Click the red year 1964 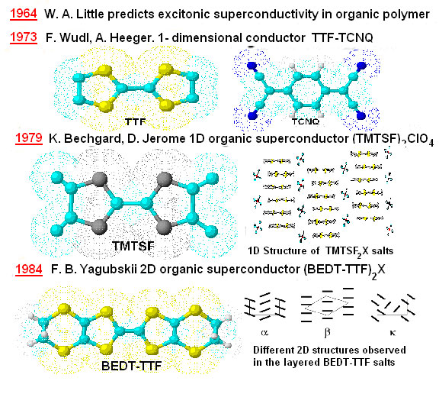(24, 14)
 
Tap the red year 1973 (24, 37)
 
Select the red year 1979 (29, 138)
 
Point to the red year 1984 (29, 270)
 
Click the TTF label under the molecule (135, 121)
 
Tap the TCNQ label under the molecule (306, 121)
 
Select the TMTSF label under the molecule (133, 246)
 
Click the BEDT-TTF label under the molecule (132, 366)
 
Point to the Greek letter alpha (264, 333)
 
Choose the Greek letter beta (327, 333)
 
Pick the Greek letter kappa (393, 333)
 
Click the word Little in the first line (91, 14)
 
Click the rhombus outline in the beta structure (326, 305)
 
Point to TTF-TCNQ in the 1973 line (342, 37)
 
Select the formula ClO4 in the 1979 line (421, 140)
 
